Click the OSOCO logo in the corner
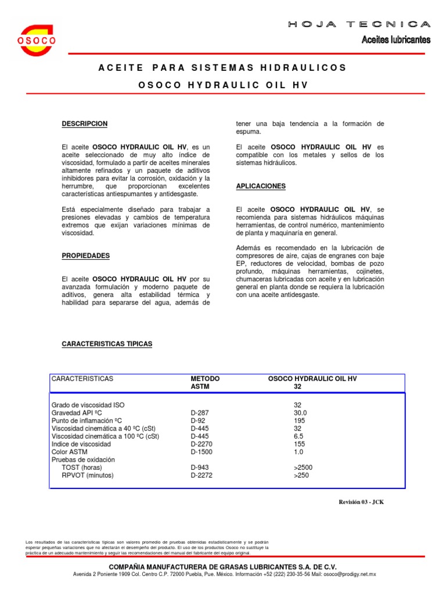pos(37,40)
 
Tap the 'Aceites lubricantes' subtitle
pos(396,40)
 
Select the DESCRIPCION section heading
pos(84,124)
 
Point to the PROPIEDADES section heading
pos(85,256)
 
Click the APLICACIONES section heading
pos(261,186)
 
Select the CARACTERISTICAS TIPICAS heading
pos(107,344)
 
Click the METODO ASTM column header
pos(205,382)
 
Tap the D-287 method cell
pos(199,412)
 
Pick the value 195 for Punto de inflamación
pos(300,421)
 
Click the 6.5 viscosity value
pos(298,436)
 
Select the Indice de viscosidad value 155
pos(300,444)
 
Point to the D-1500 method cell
pos(202,452)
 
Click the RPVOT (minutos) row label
pos(88,475)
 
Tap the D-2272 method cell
pos(202,475)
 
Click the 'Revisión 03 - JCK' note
pos(361,502)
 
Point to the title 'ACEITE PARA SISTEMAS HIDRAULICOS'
pos(223,68)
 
